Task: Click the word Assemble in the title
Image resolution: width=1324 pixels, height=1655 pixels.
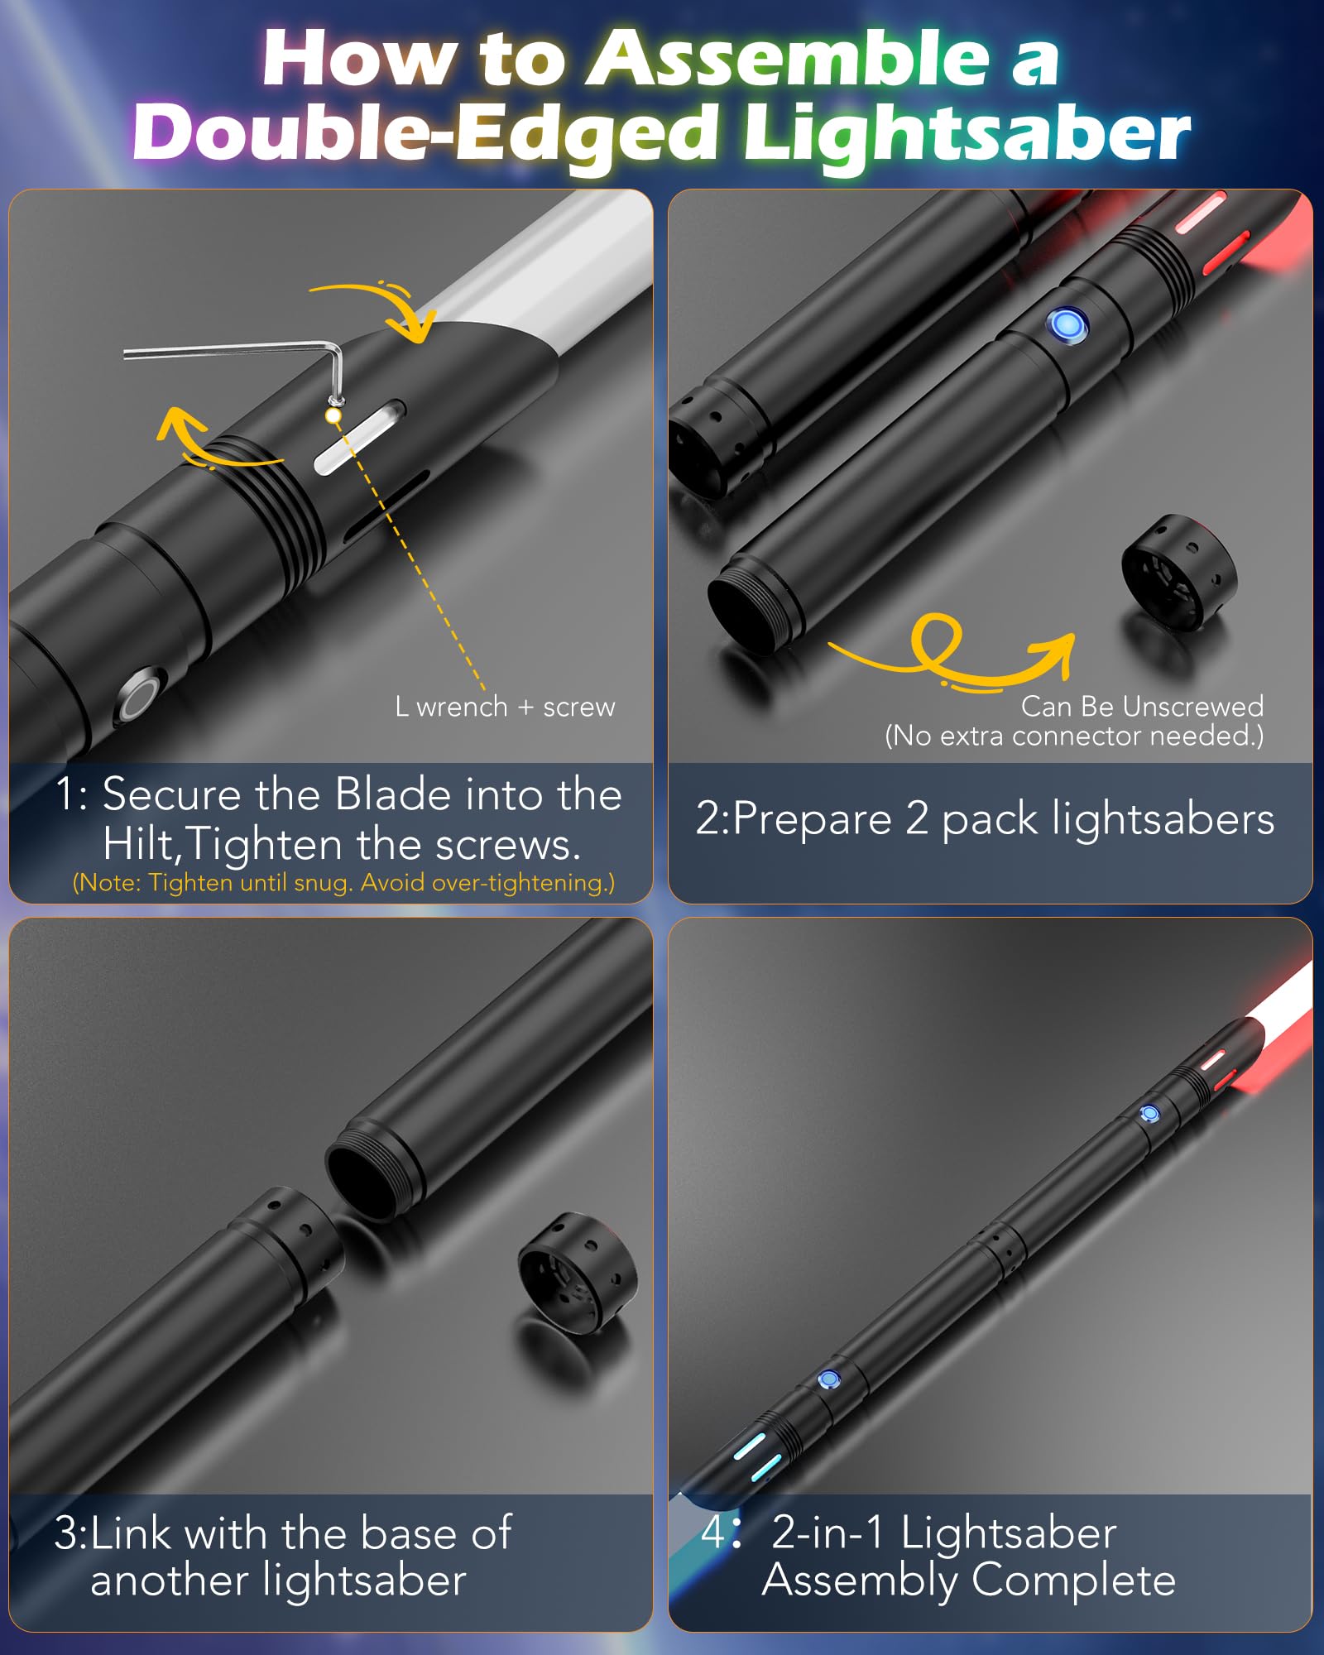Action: tap(787, 58)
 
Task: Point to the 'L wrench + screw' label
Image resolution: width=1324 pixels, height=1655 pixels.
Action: tap(505, 708)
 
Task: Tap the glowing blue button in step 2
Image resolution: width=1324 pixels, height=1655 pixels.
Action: tap(1067, 325)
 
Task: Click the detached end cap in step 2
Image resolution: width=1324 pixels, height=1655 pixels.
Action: tap(1178, 573)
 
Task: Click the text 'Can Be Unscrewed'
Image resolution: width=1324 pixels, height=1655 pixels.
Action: tap(1142, 707)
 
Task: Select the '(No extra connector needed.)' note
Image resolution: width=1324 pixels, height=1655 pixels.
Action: tap(1074, 736)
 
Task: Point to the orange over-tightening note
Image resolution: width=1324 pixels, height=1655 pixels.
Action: tap(344, 883)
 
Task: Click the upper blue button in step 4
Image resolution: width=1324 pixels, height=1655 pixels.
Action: tap(1149, 1114)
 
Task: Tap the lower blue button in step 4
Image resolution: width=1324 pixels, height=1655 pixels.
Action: tap(828, 1379)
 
